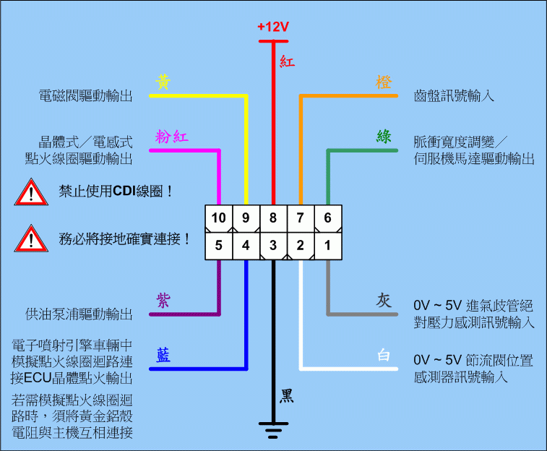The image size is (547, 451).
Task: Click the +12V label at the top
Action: coord(272,27)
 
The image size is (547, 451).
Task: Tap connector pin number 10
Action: coord(219,218)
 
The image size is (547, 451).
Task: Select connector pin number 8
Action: coord(273,218)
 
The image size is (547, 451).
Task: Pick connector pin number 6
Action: coord(327,218)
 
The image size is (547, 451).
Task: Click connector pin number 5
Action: coord(219,246)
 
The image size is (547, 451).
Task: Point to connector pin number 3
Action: coord(273,246)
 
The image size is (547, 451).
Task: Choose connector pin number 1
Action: coord(327,246)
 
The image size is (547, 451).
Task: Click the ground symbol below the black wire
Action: coord(273,431)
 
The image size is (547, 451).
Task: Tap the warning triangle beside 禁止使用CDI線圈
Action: coord(30,192)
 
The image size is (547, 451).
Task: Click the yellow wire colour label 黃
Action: coord(163,82)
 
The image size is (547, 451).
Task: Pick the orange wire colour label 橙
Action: coord(384,82)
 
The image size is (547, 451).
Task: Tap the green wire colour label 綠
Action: coord(384,137)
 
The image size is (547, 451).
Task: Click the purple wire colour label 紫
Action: coord(163,300)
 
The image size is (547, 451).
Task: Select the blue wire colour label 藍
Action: coord(163,355)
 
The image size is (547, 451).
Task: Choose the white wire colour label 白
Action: coord(384,356)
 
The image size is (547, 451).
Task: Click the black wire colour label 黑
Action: coord(287,395)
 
